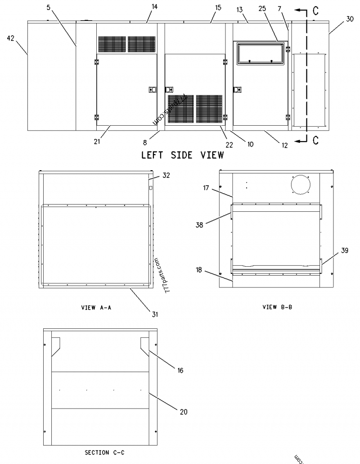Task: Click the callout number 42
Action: coord(10,39)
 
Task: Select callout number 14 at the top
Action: coord(142,6)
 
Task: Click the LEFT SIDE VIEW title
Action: coord(183,155)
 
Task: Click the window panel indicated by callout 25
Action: coord(260,53)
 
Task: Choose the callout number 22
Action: coord(229,145)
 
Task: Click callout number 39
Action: coord(344,251)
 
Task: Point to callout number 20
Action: coord(183,411)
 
